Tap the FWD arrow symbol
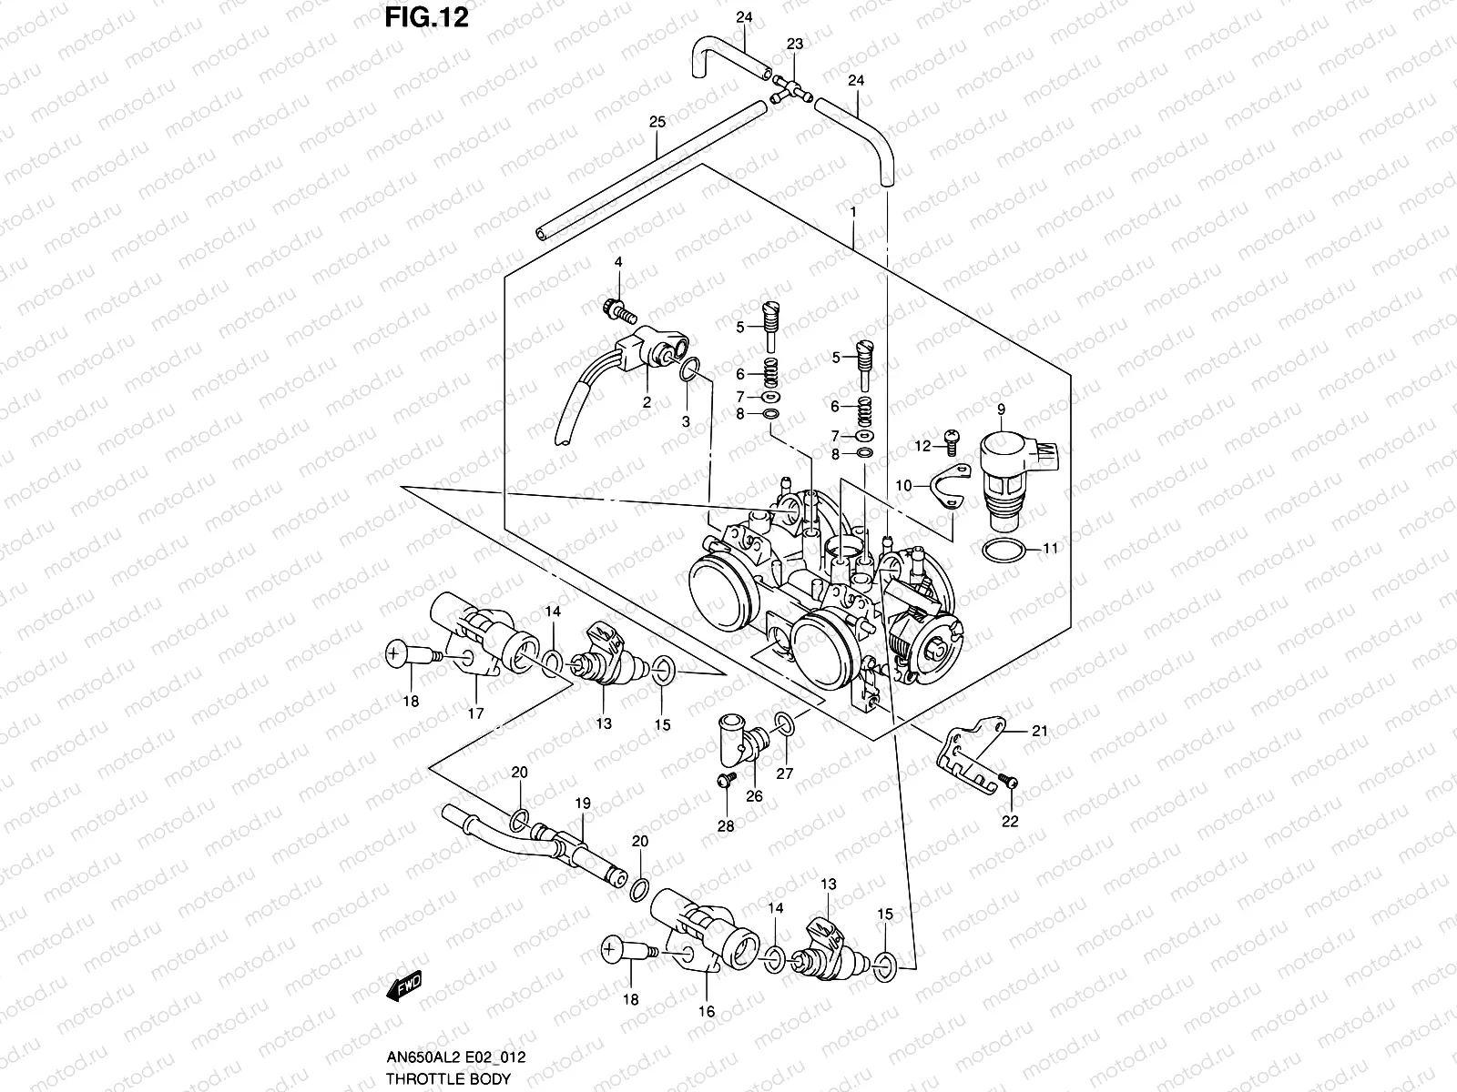[x=406, y=986]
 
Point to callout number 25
[x=657, y=122]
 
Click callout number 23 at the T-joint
[x=795, y=44]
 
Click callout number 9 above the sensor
[x=1000, y=410]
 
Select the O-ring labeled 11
[x=1004, y=550]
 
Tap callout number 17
[x=475, y=713]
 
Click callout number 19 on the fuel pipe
[x=583, y=804]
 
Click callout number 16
[x=707, y=1011]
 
